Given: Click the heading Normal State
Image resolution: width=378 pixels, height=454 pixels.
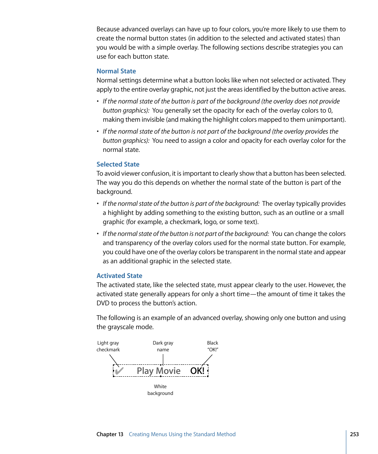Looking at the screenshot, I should pyautogui.click(x=116, y=71).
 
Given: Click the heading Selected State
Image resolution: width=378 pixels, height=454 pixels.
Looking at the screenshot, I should pyautogui.click(x=118, y=165).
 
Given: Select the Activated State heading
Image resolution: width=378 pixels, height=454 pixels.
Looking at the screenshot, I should pyautogui.click(x=119, y=276).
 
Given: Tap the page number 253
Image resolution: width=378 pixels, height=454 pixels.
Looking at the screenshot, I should pyautogui.click(x=354, y=435).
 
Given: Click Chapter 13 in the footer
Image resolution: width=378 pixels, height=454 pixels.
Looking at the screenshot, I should pyautogui.click(x=110, y=435).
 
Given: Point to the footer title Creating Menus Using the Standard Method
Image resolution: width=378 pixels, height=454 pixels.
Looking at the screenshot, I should pyautogui.click(x=182, y=435).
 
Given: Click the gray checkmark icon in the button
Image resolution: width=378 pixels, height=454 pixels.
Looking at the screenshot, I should pyautogui.click(x=118, y=371).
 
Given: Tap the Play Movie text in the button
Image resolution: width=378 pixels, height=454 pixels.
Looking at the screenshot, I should pyautogui.click(x=158, y=371).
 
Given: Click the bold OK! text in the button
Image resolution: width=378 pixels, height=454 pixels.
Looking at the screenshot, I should pyautogui.click(x=197, y=371).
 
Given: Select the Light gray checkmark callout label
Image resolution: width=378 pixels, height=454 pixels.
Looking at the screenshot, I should pyautogui.click(x=108, y=347).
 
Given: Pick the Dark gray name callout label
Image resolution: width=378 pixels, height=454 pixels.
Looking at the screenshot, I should pyautogui.click(x=163, y=347).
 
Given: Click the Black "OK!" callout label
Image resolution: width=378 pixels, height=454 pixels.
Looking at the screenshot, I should pyautogui.click(x=212, y=347).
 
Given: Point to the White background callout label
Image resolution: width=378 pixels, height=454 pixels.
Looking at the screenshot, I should pyautogui.click(x=160, y=390).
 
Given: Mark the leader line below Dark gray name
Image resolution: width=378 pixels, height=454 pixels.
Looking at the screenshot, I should pyautogui.click(x=163, y=359).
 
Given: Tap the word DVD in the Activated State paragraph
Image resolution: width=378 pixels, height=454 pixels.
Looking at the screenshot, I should pyautogui.click(x=103, y=303).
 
